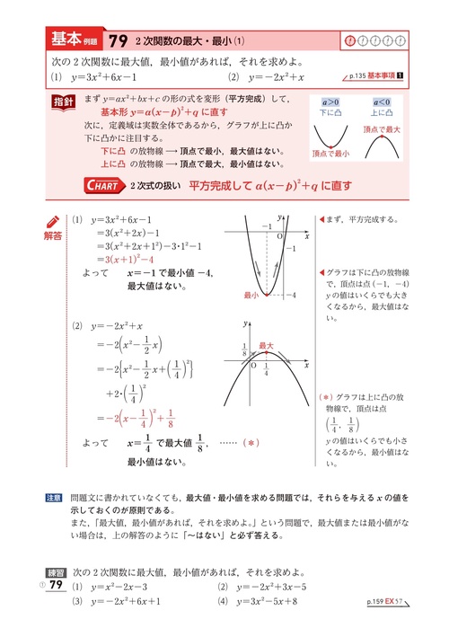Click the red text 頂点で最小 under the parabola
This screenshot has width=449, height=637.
tap(334, 154)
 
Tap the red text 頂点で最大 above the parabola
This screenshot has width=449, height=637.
tap(383, 129)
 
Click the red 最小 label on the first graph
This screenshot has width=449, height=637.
tap(251, 295)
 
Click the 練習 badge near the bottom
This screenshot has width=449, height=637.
tap(55, 571)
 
